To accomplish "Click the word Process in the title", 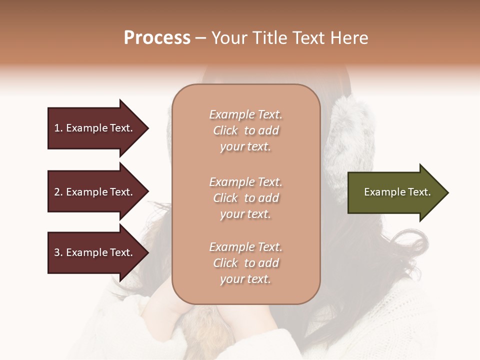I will [157, 38].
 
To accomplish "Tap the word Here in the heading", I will [348, 38].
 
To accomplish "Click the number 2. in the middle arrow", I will [58, 192].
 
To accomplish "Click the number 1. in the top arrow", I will [58, 128].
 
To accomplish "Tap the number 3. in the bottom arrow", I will [58, 252].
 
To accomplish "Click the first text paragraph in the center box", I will [245, 130].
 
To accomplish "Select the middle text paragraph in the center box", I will [245, 198].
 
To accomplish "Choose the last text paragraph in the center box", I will [245, 263].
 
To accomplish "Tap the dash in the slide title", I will [200, 38].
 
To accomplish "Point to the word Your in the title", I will [227, 38].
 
